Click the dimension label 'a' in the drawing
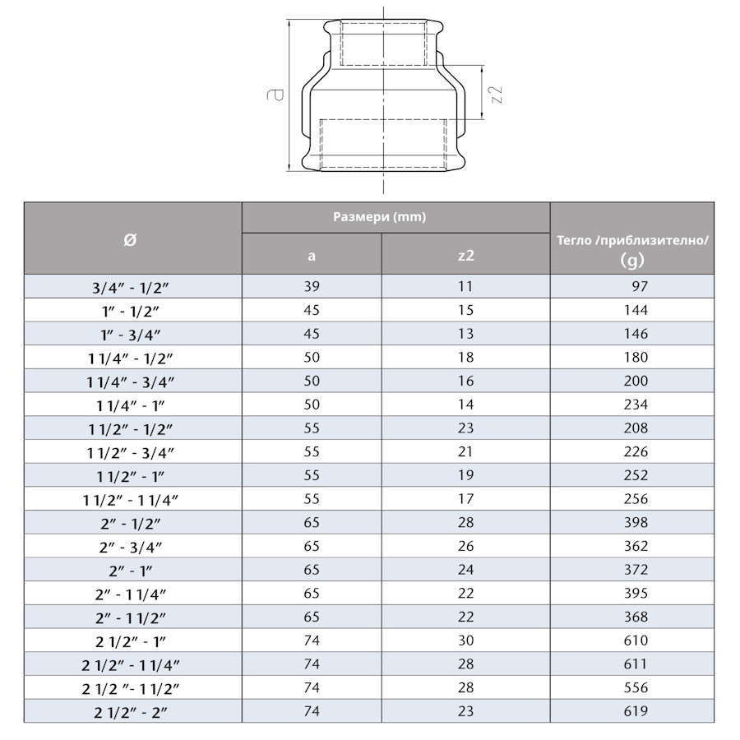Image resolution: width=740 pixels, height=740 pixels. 280,95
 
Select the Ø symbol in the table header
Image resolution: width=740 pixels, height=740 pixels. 131,238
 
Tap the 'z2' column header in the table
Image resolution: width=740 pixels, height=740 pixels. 465,255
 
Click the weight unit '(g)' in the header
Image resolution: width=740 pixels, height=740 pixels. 632,261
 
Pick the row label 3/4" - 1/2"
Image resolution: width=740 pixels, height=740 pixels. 132,287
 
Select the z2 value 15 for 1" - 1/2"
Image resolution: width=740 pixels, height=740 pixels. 465,310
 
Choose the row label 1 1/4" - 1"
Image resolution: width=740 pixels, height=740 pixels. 132,405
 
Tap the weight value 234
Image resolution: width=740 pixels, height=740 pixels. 636,405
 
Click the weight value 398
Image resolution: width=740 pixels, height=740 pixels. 636,522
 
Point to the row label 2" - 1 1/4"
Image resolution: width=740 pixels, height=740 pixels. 132,593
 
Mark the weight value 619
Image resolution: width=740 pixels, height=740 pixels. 636,711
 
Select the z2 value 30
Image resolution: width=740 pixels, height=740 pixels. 465,641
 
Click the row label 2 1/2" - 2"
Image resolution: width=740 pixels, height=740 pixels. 132,711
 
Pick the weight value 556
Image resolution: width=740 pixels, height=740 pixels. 636,687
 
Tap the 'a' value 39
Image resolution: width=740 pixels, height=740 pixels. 311,287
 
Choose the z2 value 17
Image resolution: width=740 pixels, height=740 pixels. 465,498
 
